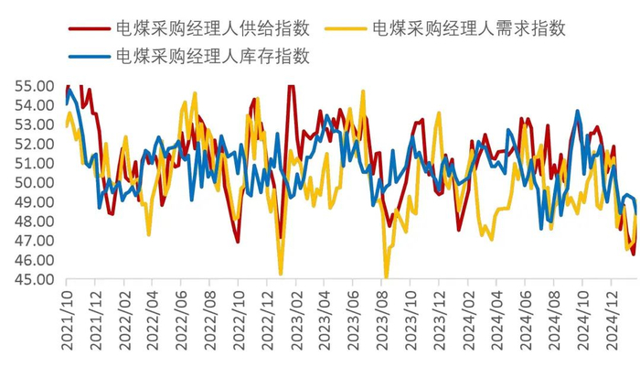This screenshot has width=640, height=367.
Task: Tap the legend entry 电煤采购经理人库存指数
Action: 212,56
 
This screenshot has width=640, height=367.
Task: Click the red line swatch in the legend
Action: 89,27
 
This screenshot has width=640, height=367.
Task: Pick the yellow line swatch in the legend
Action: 346,27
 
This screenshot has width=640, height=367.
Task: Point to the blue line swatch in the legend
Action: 89,57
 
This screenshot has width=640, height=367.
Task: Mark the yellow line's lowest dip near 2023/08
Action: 386,277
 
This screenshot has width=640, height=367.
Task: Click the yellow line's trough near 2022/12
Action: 281,273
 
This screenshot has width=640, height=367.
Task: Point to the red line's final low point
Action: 634,254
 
